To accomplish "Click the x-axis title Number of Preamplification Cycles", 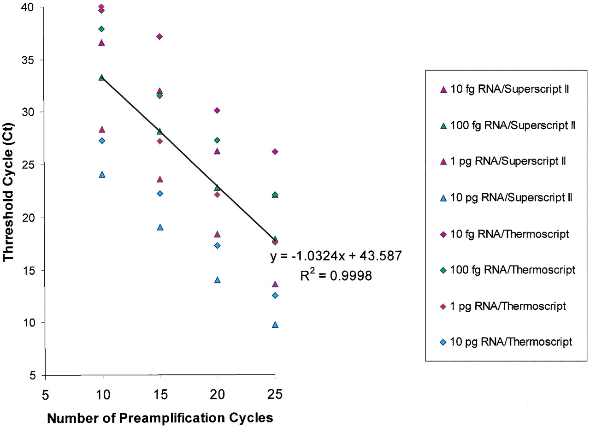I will [160, 418].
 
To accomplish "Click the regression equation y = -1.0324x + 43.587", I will [336, 256].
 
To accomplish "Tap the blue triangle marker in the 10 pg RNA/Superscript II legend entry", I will [443, 198].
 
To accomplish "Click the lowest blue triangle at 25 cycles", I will [275, 325].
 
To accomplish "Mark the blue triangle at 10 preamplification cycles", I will [102, 174].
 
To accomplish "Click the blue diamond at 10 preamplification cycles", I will [102, 141].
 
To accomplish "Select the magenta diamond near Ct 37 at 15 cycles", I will [159, 36].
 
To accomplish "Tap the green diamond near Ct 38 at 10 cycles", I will [102, 29].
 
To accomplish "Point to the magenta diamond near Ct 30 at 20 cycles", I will [217, 110].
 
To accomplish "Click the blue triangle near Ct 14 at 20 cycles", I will [217, 280].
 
